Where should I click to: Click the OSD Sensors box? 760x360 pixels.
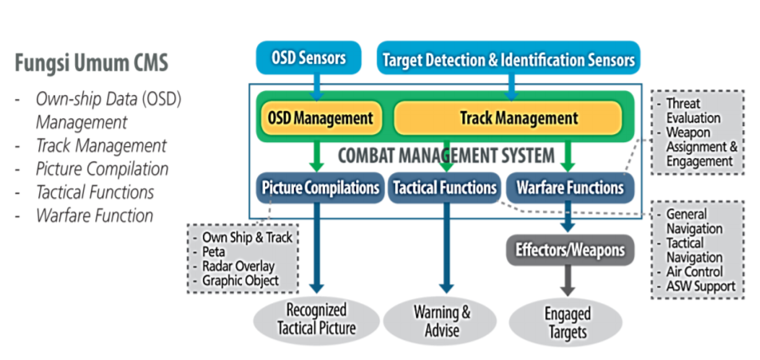(308, 58)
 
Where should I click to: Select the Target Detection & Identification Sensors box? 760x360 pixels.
(509, 59)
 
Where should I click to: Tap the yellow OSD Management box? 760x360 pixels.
(320, 118)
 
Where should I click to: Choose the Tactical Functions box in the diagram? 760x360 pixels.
(444, 188)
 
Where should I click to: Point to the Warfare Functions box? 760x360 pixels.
(570, 188)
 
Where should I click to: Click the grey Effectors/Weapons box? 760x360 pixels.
(570, 250)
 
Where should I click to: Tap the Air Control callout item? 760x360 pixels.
(696, 271)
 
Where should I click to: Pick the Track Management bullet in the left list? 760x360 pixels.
(101, 145)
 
